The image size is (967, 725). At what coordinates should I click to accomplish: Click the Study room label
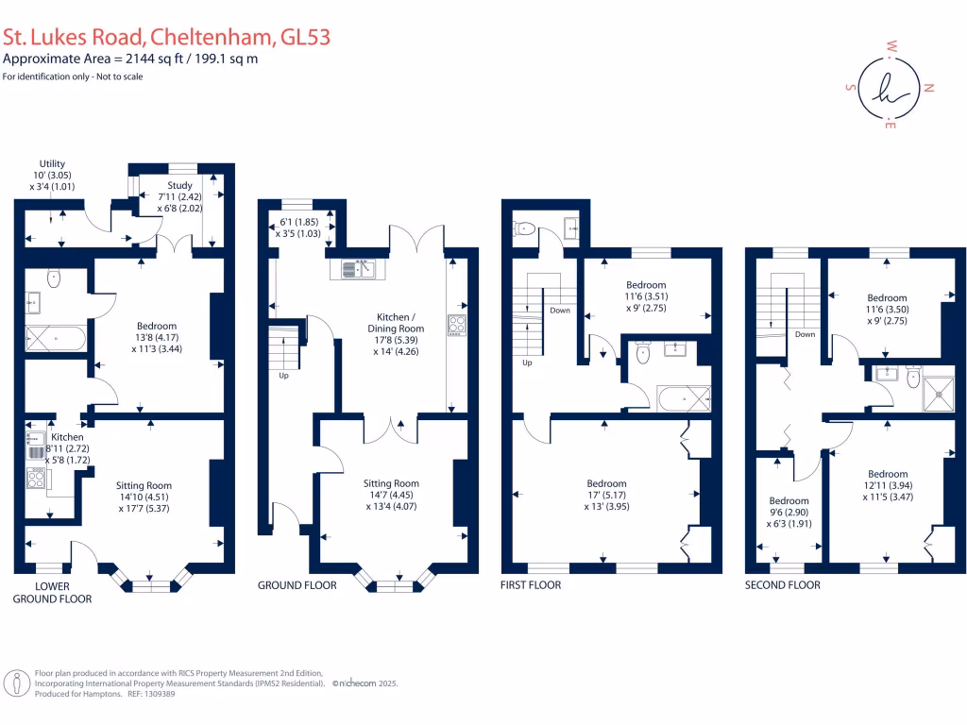click(x=179, y=185)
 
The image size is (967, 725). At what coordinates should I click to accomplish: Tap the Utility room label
click(x=52, y=163)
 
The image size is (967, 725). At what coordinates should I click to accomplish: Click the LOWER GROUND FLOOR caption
click(x=52, y=592)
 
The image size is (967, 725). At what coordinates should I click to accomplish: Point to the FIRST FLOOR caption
click(x=531, y=585)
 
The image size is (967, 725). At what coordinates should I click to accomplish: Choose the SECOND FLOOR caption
click(x=783, y=585)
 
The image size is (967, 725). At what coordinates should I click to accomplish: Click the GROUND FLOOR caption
click(x=297, y=585)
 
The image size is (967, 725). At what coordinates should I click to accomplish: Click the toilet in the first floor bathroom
click(x=644, y=355)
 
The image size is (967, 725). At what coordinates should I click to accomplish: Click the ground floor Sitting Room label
click(x=391, y=483)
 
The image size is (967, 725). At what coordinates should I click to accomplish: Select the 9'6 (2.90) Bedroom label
click(x=789, y=500)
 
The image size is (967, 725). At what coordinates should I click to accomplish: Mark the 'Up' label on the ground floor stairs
click(x=283, y=376)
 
